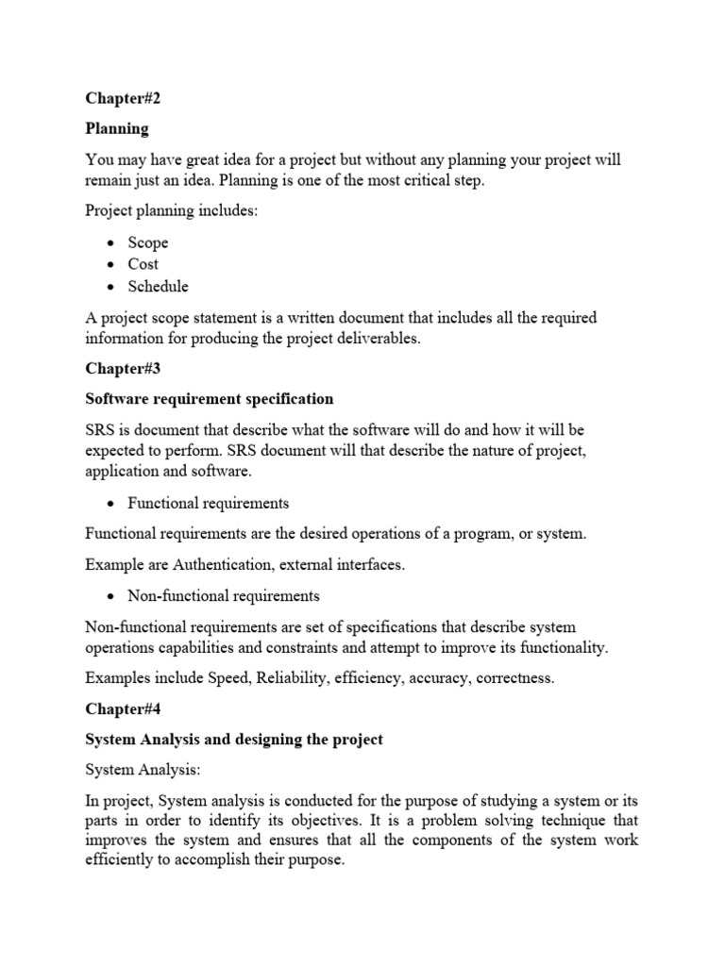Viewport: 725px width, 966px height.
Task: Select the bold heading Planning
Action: click(117, 127)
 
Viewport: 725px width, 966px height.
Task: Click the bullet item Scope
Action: click(148, 242)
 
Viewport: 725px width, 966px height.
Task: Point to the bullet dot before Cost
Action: click(110, 265)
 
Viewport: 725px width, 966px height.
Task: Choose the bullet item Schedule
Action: click(159, 287)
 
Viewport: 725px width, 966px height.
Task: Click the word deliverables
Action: click(373, 340)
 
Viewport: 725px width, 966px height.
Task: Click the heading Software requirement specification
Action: click(210, 399)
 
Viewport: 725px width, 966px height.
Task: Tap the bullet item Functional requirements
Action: click(209, 504)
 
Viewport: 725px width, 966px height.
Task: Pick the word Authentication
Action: click(217, 564)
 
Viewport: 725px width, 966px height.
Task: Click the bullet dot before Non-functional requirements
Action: click(110, 596)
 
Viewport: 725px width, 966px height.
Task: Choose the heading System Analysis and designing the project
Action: click(234, 739)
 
